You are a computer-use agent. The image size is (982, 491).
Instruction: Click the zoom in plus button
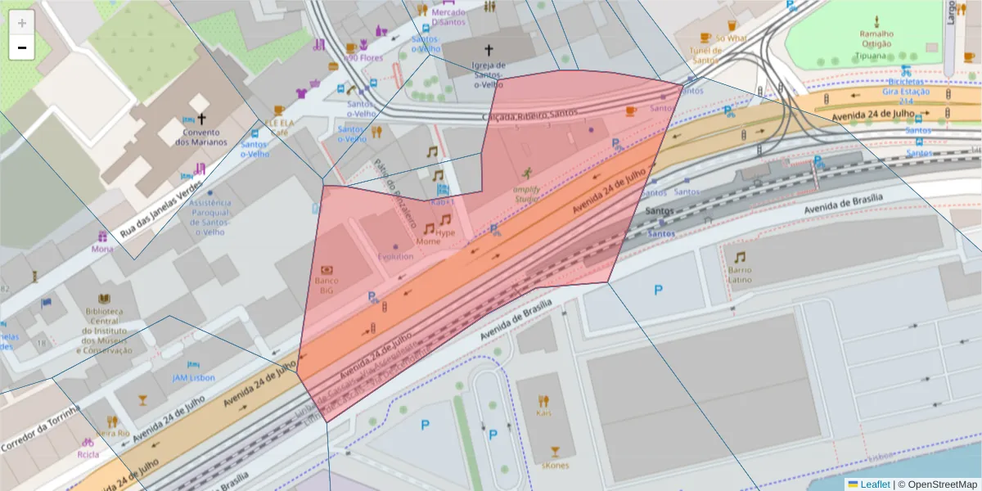[x=21, y=23]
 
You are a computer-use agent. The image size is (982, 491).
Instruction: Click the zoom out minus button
[x=21, y=47]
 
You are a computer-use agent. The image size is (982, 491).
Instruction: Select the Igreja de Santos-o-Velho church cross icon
[x=489, y=51]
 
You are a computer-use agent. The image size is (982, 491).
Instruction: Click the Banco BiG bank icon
[x=327, y=269]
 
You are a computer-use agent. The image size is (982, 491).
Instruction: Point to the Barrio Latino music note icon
[x=740, y=257]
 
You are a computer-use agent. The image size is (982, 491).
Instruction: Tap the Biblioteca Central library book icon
[x=104, y=299]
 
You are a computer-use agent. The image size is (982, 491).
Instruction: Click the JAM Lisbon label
[x=193, y=377]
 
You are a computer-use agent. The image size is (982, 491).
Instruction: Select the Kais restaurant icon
[x=543, y=401]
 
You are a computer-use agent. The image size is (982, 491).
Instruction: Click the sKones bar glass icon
[x=556, y=452]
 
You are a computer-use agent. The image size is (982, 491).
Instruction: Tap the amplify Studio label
[x=526, y=193]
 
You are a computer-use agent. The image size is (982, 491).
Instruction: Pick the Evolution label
[x=395, y=256]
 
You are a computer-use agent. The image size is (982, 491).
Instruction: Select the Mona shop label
[x=102, y=249]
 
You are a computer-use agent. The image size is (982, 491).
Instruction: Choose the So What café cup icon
[x=705, y=38]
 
